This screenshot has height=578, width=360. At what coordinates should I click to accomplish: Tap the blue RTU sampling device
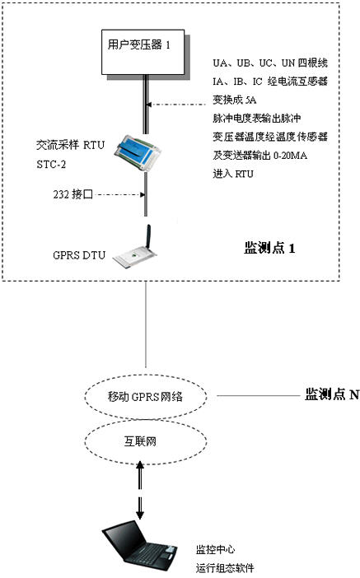click(138, 152)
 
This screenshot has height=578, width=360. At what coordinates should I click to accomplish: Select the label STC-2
click(51, 164)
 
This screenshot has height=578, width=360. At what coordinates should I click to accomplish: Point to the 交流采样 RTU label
click(71, 145)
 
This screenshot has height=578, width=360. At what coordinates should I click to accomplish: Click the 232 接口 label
click(72, 194)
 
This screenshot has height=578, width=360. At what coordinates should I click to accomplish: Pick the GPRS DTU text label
click(79, 255)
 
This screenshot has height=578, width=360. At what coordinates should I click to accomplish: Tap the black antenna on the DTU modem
click(148, 237)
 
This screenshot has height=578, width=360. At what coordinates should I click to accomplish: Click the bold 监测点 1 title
click(269, 248)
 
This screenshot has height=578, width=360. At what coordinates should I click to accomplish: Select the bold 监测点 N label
click(332, 394)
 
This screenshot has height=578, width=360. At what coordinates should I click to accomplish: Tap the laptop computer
click(140, 547)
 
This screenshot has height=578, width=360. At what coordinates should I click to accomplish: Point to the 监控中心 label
click(215, 550)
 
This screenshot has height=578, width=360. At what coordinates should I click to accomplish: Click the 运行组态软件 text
click(225, 568)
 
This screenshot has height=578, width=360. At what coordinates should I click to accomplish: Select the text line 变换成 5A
click(235, 100)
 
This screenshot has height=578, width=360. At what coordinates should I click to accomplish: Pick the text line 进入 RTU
click(233, 174)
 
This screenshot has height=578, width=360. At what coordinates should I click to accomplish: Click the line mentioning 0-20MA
click(259, 155)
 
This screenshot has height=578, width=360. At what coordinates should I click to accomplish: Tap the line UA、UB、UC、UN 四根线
click(270, 63)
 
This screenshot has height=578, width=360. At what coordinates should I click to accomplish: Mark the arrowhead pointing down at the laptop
click(140, 515)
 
